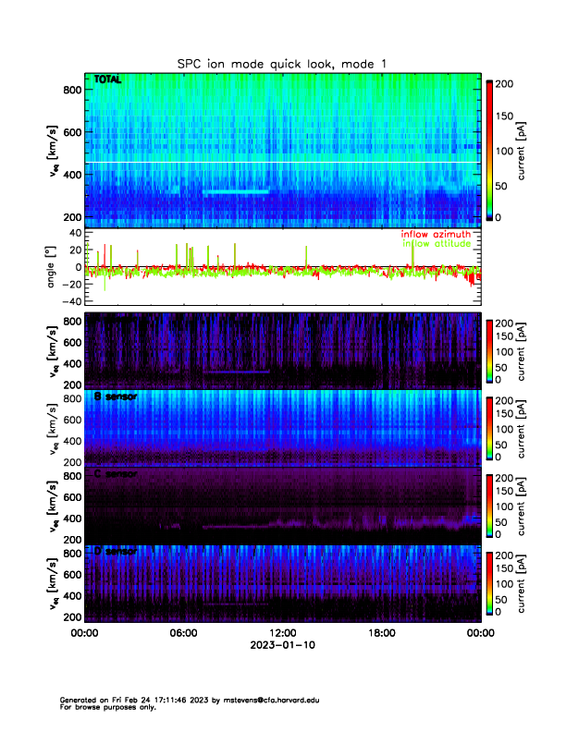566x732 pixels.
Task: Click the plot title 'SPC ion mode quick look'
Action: point(283,63)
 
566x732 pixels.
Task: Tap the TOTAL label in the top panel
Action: point(108,80)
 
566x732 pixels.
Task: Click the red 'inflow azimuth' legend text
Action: point(435,235)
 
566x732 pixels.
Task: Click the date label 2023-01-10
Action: point(282,646)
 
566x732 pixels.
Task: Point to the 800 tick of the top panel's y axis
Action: point(72,89)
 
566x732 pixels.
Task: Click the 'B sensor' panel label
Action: point(115,396)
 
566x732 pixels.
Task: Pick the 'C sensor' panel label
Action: point(115,474)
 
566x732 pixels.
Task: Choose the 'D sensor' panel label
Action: point(115,551)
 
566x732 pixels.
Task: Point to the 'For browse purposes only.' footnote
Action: point(104,707)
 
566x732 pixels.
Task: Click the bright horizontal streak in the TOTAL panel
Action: point(236,191)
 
